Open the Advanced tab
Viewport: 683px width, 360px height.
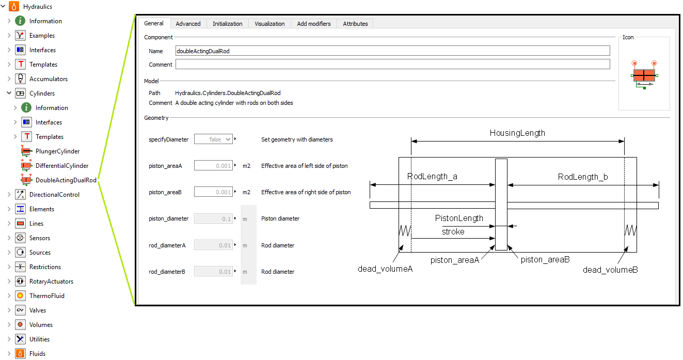(x=188, y=24)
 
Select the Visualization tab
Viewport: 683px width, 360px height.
(x=269, y=24)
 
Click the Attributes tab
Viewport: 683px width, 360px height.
(x=355, y=24)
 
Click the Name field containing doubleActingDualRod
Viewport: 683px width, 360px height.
(x=392, y=51)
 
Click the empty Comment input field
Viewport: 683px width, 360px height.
(x=392, y=64)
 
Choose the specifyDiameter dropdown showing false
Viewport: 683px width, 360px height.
(x=213, y=139)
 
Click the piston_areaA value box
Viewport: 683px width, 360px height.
(x=213, y=166)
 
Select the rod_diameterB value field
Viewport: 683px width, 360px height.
(x=213, y=272)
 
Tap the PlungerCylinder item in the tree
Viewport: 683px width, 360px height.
(x=57, y=151)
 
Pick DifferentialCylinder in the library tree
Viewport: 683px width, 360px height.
(x=61, y=166)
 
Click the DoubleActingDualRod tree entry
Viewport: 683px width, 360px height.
(x=66, y=180)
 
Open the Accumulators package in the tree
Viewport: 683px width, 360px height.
(x=48, y=79)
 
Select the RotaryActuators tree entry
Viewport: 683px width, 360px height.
(x=51, y=281)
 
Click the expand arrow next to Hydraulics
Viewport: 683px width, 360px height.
(x=4, y=7)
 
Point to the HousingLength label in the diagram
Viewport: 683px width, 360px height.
(x=517, y=133)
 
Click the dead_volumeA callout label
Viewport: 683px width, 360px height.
(x=385, y=269)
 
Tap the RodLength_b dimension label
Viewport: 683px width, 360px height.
(x=583, y=177)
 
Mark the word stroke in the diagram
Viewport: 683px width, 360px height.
(x=453, y=232)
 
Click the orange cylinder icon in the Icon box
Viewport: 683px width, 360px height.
(x=644, y=75)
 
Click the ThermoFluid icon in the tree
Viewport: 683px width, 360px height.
(x=20, y=296)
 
